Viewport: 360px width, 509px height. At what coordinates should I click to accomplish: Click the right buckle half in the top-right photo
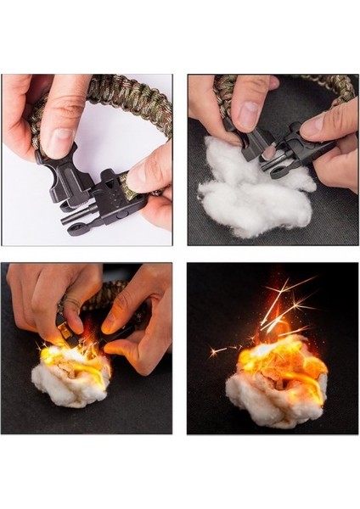293,153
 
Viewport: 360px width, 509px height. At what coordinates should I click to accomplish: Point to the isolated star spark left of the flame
217,349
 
